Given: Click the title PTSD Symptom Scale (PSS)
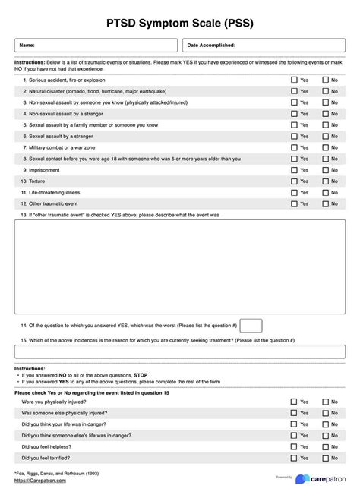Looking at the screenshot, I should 180,23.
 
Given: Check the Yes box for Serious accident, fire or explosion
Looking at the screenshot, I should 294,79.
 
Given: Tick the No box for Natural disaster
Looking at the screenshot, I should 325,91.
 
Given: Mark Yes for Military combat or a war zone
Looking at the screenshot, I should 294,147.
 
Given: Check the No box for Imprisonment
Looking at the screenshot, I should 325,170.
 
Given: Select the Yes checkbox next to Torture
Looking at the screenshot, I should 294,181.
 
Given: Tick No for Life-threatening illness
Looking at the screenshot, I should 325,193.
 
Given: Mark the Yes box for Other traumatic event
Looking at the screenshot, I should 294,203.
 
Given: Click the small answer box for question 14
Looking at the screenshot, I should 251,325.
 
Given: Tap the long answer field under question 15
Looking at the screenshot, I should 180,351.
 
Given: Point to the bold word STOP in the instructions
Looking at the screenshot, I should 141,375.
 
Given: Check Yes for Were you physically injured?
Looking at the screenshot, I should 294,402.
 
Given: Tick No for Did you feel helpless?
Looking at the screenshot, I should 325,447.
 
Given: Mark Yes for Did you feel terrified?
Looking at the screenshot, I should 294,459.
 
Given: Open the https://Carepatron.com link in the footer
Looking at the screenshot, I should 39,481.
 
